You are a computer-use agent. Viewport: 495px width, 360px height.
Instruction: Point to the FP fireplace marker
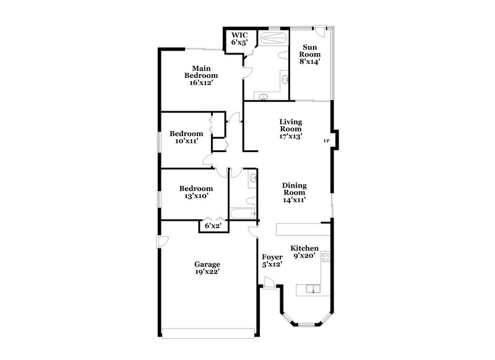(327, 142)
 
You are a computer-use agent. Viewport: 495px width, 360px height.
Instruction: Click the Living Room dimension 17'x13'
(290, 136)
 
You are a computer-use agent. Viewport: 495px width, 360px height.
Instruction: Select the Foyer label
(272, 257)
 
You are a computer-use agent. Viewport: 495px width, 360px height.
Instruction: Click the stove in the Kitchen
(325, 259)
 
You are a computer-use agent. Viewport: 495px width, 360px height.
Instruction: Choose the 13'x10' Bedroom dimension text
(196, 196)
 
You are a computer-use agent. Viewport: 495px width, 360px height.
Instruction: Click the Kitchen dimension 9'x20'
(304, 254)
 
